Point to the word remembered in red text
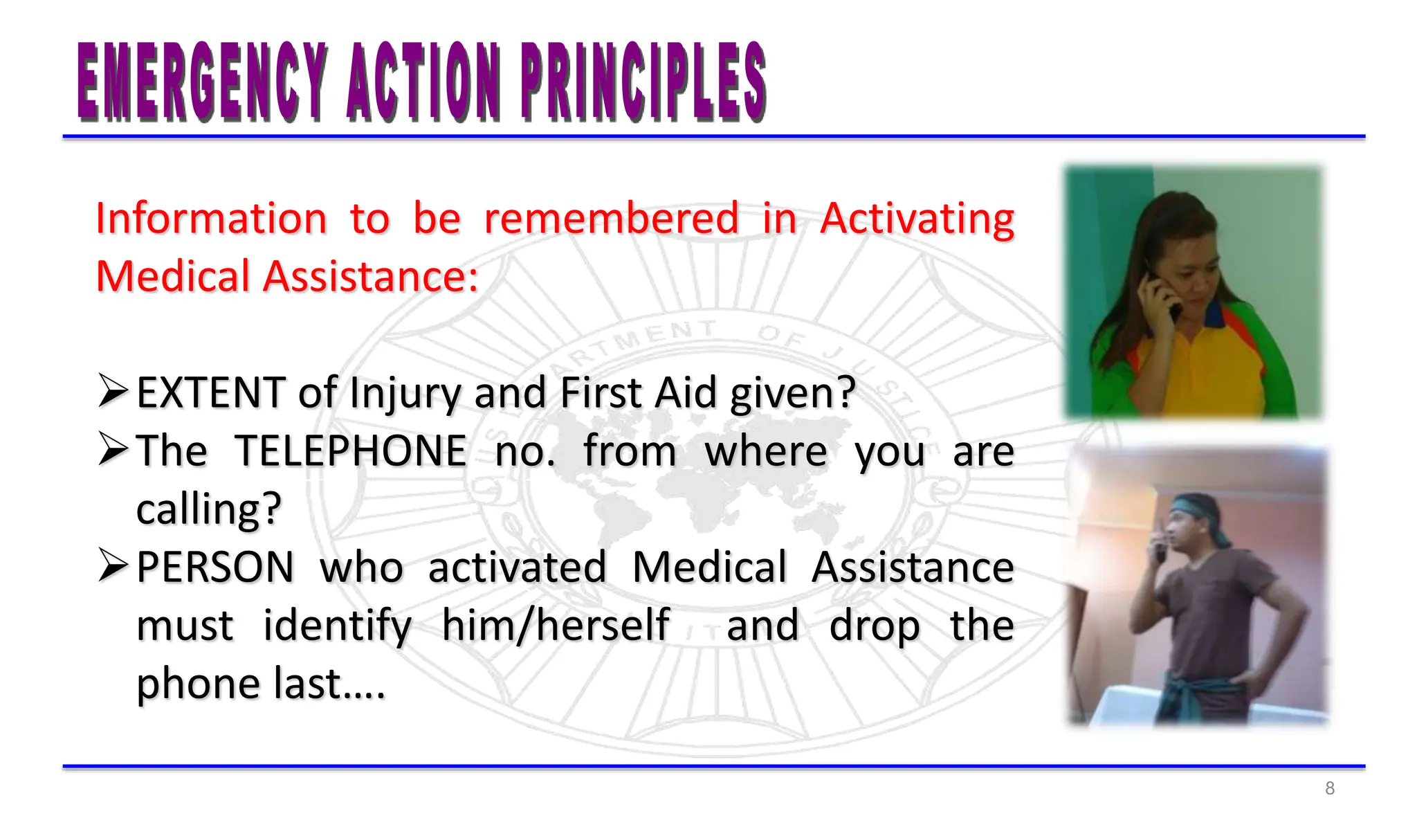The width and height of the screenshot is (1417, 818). tap(611, 219)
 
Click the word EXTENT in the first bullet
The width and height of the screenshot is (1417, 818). tap(211, 393)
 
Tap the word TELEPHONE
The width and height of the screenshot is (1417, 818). tap(351, 451)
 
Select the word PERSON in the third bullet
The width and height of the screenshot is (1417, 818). tap(215, 567)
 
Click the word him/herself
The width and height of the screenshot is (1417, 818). tap(556, 626)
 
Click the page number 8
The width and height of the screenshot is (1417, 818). tap(1329, 788)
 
